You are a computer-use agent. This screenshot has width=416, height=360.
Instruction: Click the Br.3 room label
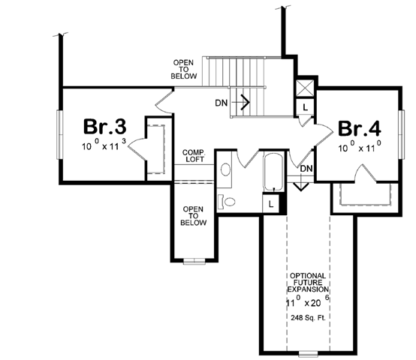point(101,125)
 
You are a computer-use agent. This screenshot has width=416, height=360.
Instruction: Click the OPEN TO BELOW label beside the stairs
point(183,69)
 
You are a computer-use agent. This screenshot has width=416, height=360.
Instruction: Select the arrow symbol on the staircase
point(243,100)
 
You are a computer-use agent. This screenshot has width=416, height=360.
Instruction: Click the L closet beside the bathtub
point(270,203)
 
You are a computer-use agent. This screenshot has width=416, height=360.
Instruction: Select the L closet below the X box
point(304,107)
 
